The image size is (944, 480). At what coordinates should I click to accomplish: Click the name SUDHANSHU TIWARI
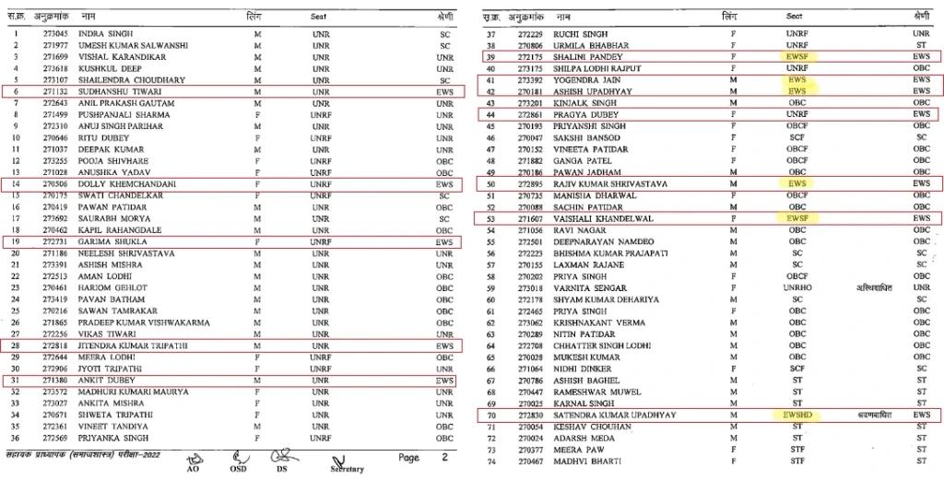[112, 92]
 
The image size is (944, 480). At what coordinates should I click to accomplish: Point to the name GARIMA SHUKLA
[105, 241]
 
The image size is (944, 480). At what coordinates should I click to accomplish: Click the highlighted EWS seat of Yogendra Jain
[794, 80]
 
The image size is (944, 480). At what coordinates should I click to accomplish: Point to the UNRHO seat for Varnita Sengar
[794, 287]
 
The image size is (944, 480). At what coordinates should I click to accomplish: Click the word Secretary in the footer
[343, 469]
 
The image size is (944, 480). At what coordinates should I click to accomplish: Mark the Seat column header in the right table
[794, 16]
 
